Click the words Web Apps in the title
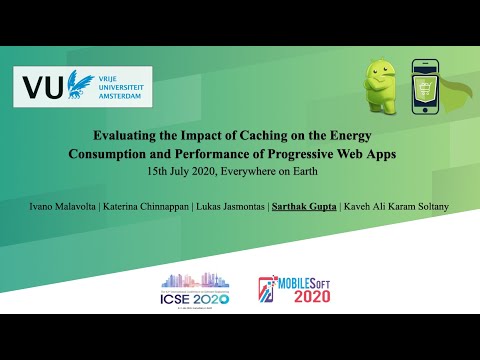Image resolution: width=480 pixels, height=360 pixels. [378, 154]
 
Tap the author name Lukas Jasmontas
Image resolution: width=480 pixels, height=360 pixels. [237, 206]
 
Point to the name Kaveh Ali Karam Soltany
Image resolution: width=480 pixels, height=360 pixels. [395, 206]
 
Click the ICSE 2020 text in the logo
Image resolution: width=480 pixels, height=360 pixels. [196, 298]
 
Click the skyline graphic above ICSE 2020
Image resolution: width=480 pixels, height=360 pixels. [196, 280]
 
